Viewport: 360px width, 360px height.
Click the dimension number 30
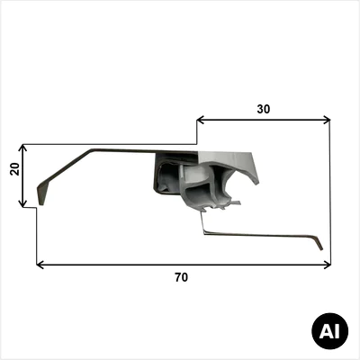click(264, 110)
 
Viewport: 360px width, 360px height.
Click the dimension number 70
click(182, 277)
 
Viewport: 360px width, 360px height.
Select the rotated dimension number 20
click(14, 169)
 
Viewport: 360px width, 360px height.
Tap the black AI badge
click(330, 331)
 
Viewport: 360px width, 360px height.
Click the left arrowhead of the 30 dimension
click(201, 121)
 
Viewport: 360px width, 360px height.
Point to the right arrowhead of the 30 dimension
click(327, 121)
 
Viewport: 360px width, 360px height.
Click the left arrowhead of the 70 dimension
click(40, 265)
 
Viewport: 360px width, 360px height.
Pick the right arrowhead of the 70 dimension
click(327, 265)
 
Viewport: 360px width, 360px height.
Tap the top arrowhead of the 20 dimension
click(22, 148)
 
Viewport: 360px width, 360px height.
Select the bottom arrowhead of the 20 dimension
click(22, 203)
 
